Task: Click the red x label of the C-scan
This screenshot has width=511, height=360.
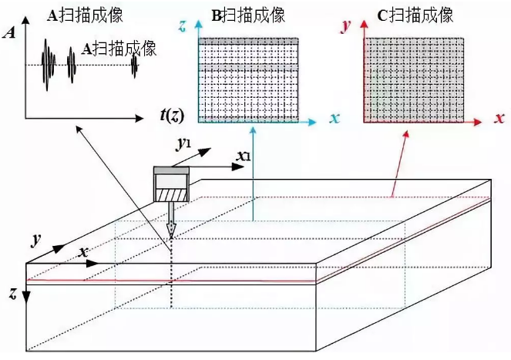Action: [x=499, y=119]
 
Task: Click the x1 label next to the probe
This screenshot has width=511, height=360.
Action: [x=243, y=157]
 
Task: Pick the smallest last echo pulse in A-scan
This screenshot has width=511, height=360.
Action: [x=134, y=68]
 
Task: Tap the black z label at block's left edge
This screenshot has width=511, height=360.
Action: [x=13, y=294]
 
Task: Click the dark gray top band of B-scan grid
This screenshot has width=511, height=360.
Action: [x=248, y=41]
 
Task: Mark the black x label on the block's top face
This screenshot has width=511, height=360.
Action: [x=82, y=253]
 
